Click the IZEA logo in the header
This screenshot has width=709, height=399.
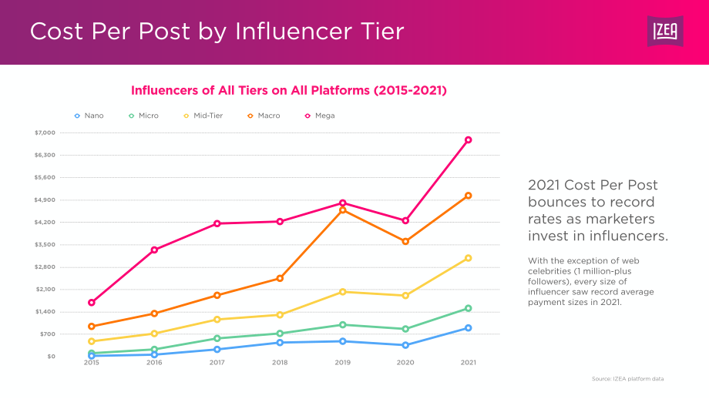(664, 31)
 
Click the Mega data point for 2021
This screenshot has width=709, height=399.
(468, 140)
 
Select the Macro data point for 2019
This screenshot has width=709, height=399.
(342, 210)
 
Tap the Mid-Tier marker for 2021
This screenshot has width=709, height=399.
(468, 258)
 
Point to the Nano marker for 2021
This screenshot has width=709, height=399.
(468, 328)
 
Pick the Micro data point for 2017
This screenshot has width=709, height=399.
(217, 338)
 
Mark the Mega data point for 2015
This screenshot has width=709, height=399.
(92, 303)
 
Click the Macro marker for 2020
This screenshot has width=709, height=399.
(405, 242)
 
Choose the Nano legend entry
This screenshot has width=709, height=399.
(89, 116)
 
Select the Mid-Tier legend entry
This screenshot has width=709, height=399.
(203, 116)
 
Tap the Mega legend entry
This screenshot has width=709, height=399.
(320, 116)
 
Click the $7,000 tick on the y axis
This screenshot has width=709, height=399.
(45, 132)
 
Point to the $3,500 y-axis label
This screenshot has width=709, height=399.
(45, 244)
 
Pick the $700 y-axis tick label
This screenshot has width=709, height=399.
(48, 334)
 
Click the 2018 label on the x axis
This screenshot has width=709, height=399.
(280, 362)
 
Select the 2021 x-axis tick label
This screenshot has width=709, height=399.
(468, 362)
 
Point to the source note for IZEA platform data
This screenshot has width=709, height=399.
(627, 379)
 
